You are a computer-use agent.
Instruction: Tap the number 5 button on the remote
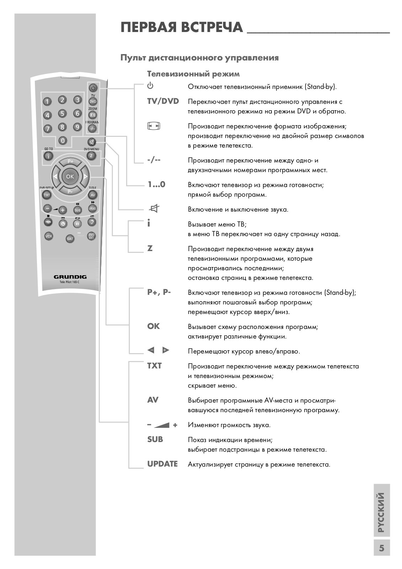[x=62, y=114]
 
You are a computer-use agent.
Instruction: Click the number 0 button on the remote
[x=63, y=140]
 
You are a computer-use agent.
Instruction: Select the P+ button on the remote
[x=70, y=162]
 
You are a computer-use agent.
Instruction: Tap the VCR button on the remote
[x=48, y=236]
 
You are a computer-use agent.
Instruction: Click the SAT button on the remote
[x=70, y=239]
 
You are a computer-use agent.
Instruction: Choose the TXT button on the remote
[x=47, y=195]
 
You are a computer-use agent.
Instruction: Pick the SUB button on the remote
[x=77, y=210]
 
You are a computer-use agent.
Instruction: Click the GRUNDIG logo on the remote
[x=70, y=277]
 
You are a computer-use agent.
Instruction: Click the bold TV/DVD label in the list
[x=163, y=101]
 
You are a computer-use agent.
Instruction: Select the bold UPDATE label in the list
[x=162, y=464]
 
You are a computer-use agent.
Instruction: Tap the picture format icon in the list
[x=154, y=126]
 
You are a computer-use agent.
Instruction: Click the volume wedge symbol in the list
[x=162, y=425]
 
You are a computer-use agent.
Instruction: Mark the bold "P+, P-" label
[x=159, y=293]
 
